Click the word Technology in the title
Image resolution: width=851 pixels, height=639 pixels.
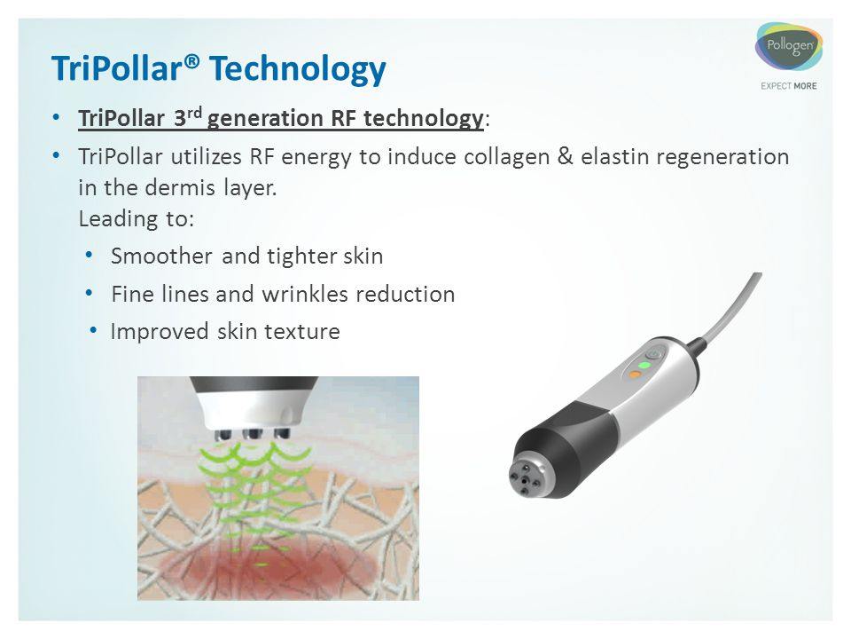coord(298,70)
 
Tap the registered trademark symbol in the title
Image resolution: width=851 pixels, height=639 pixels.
coord(192,61)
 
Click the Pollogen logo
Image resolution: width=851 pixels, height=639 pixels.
coord(789,47)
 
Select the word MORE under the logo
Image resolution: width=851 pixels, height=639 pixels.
coord(805,86)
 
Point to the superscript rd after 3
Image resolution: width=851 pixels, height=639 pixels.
coord(195,112)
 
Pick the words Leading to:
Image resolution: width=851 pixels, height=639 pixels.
coord(137,219)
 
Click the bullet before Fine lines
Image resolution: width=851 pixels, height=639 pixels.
coord(90,294)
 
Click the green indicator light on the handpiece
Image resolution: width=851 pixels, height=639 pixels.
coord(644,365)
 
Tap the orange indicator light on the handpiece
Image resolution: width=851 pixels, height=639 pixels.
coord(634,375)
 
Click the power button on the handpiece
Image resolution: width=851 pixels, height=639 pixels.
coord(655,354)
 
